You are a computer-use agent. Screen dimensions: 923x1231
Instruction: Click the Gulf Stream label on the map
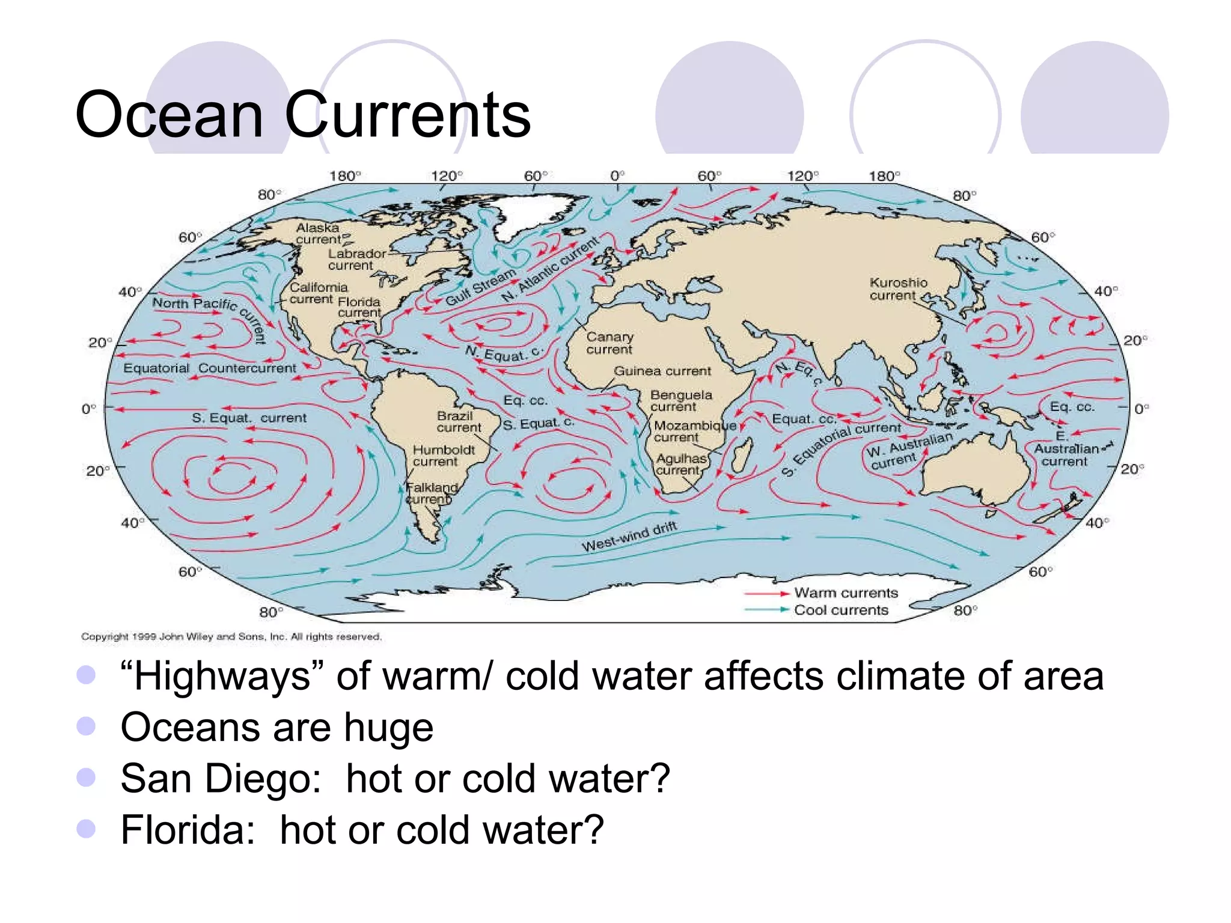coord(481,286)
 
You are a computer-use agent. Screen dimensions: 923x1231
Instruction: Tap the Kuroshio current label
coord(898,289)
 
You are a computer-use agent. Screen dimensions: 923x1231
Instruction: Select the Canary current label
coord(609,343)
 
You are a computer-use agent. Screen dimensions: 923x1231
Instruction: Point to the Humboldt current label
coord(444,455)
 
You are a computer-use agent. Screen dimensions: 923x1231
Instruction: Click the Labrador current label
coord(356,260)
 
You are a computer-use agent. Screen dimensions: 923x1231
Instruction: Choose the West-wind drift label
coord(629,536)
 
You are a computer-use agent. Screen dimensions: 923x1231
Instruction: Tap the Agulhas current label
coord(680,464)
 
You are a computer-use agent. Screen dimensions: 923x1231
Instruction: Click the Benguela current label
coord(680,401)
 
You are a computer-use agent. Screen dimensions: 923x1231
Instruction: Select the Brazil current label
coord(459,421)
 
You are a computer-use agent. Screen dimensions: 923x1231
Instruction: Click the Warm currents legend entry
coord(845,593)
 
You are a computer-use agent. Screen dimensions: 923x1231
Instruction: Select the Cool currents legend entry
coord(840,610)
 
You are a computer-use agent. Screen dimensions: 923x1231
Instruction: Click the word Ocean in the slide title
coord(169,115)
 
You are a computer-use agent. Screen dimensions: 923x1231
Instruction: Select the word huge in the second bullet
coord(388,727)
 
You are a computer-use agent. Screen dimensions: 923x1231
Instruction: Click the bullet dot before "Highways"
coord(87,675)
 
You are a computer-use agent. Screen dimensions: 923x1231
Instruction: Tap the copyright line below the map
coord(231,636)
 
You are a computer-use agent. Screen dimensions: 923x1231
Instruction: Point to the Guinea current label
coord(662,371)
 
